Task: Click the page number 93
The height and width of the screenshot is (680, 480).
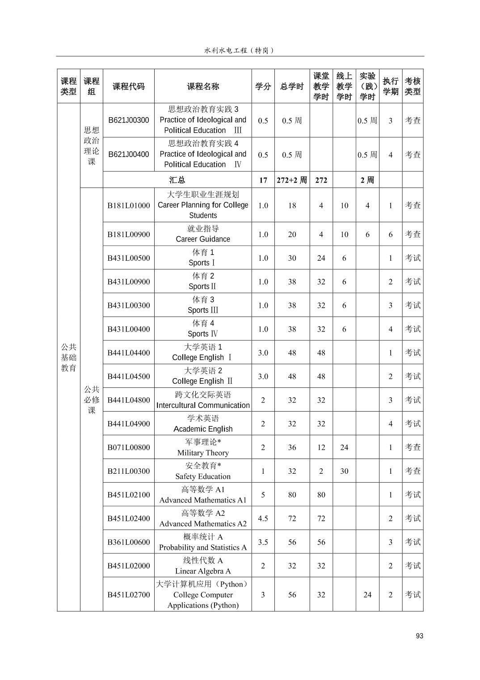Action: point(419,636)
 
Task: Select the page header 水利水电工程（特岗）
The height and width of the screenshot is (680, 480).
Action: point(240,51)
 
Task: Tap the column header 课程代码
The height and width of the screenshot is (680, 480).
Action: point(129,86)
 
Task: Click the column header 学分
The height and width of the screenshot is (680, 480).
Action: point(263,86)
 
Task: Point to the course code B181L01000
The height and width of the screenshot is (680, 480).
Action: point(129,205)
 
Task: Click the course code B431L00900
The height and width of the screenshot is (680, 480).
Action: point(129,281)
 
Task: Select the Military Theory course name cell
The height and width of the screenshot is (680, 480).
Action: point(203,447)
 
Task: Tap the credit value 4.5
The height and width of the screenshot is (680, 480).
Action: point(263,518)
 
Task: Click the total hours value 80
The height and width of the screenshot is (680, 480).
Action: point(292,495)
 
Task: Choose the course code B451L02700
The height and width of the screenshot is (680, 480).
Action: point(129,595)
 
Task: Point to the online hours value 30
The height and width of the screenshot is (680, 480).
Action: point(344,471)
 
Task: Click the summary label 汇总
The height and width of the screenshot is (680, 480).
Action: point(177,180)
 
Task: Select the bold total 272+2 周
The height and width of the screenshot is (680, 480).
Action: point(292,180)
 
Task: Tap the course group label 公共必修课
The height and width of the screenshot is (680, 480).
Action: point(92,399)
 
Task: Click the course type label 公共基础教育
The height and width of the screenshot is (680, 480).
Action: point(69,357)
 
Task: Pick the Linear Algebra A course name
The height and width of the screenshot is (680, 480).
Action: point(203,565)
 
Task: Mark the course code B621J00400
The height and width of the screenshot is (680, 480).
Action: point(129,154)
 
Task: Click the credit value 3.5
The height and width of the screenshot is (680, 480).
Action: point(263,542)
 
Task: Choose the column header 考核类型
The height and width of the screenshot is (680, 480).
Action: point(413,86)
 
